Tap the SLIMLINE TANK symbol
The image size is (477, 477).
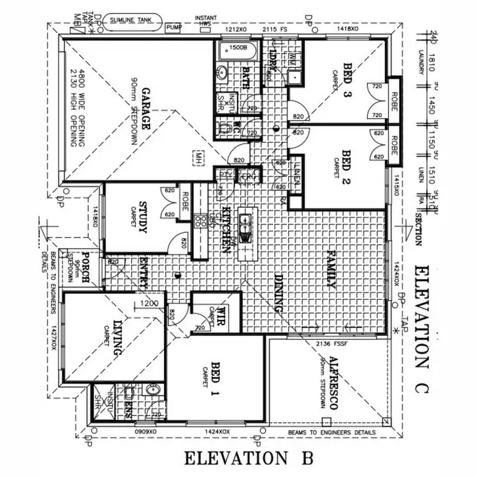point(130,20)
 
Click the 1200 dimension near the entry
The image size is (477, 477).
point(150,305)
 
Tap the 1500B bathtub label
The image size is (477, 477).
point(237,48)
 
